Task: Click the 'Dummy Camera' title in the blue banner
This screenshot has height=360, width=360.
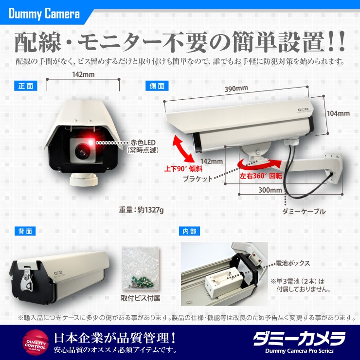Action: (44, 14)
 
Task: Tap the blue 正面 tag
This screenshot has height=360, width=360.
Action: (26, 86)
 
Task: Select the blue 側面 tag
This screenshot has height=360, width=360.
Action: (157, 86)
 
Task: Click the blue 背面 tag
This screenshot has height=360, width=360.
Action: (25, 231)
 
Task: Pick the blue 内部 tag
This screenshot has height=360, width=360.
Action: (189, 231)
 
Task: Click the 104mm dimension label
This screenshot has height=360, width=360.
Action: (339, 113)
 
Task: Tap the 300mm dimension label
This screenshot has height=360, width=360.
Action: (270, 190)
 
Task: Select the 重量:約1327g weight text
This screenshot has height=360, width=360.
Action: (141, 210)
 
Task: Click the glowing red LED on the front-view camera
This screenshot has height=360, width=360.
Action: (90, 142)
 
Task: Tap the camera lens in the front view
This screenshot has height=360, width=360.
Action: (82, 151)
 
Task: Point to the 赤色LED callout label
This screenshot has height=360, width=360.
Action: (143, 146)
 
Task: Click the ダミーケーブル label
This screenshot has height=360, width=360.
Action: (304, 211)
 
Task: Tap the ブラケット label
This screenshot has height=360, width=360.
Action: (198, 179)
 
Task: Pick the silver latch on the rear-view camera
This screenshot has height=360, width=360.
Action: (26, 280)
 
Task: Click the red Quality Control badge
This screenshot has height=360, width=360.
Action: (36, 342)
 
